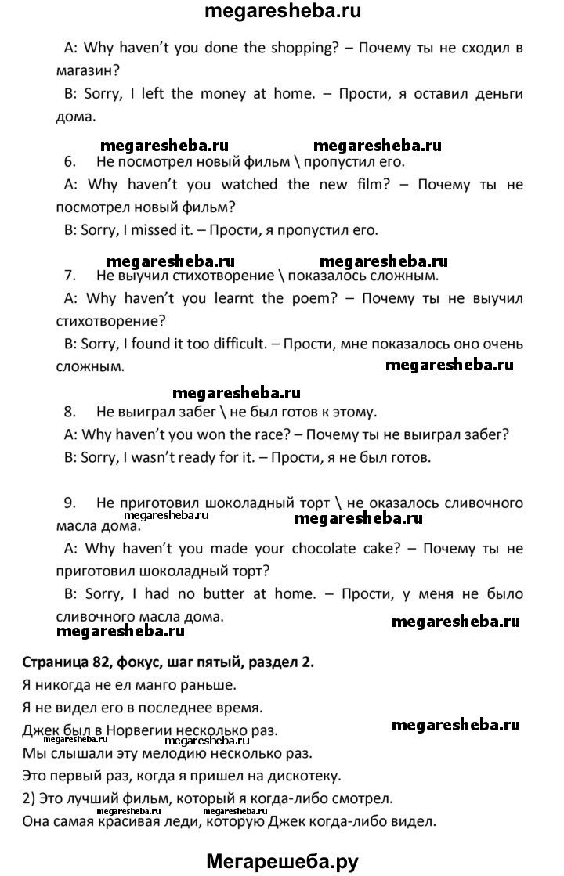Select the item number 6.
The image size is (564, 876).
coord(69,162)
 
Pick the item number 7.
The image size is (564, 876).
coord(69,276)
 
